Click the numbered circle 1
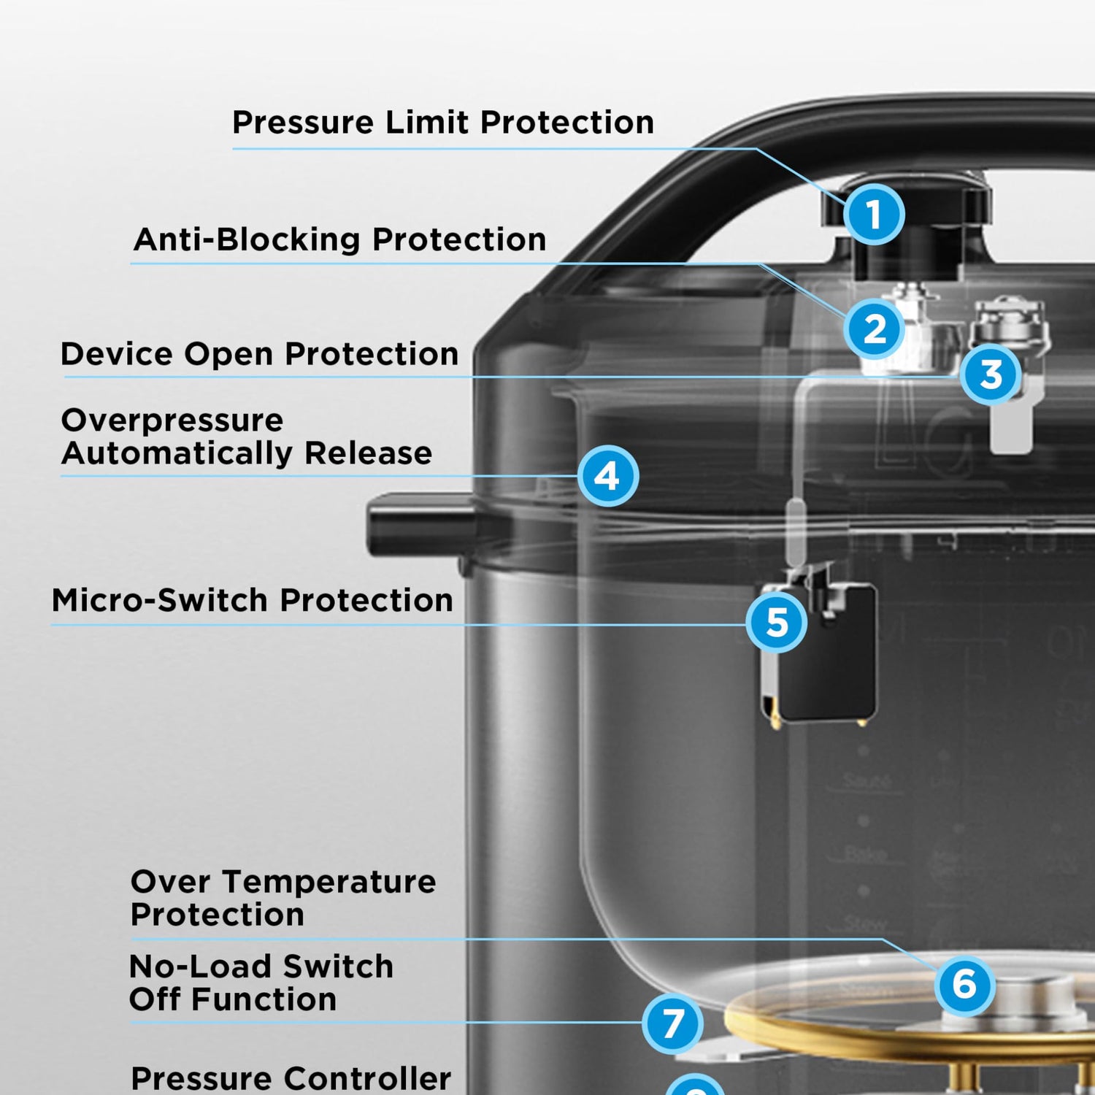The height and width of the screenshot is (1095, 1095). click(873, 215)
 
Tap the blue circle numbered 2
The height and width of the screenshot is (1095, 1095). click(874, 328)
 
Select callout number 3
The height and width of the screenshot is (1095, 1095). click(991, 374)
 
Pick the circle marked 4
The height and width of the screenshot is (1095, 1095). click(607, 476)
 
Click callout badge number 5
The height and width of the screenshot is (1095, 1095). click(777, 622)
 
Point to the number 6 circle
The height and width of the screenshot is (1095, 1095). click(964, 983)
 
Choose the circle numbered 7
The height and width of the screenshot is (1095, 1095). click(672, 1023)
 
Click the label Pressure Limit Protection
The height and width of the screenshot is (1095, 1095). click(443, 122)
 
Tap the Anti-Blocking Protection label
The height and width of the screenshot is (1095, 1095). click(340, 239)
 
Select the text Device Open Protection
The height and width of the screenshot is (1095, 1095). click(260, 354)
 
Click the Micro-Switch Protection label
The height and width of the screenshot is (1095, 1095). click(253, 600)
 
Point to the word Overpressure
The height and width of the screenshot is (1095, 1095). click(173, 421)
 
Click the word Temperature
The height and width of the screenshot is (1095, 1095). click(329, 882)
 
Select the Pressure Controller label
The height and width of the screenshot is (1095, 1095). click(291, 1079)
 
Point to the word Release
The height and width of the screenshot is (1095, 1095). click(368, 453)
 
